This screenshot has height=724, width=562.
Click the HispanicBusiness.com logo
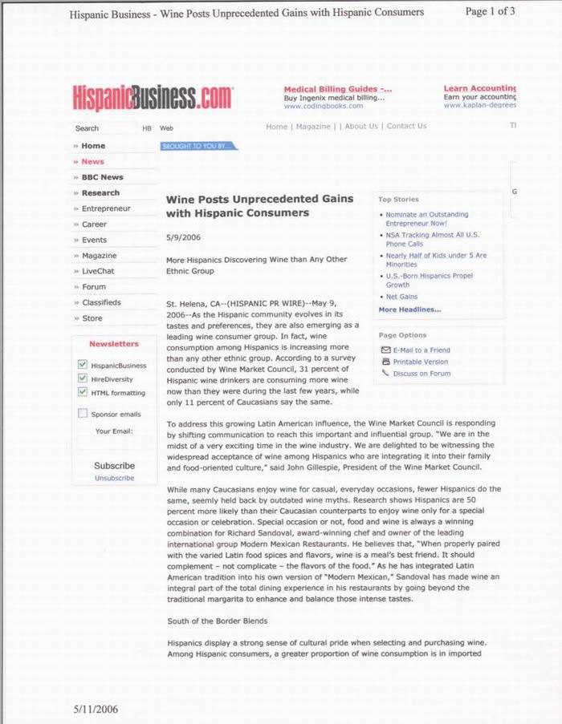(153, 98)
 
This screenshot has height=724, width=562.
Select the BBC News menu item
(102, 177)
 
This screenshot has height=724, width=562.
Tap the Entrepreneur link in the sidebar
(106, 208)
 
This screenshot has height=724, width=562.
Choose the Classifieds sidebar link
(101, 302)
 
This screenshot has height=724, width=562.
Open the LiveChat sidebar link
(98, 271)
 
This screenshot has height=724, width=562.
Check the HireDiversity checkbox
(83, 378)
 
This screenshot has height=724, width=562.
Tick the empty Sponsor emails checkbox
(83, 414)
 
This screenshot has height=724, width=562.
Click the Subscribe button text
(114, 466)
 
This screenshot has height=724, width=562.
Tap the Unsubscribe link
(114, 478)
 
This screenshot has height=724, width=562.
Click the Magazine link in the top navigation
(313, 127)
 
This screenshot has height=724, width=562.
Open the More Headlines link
(409, 309)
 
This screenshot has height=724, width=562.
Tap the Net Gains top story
(401, 297)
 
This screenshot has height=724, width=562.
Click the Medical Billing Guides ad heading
(338, 89)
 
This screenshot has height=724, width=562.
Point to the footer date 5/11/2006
(95, 709)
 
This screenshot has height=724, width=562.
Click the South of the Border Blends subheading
(217, 621)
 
